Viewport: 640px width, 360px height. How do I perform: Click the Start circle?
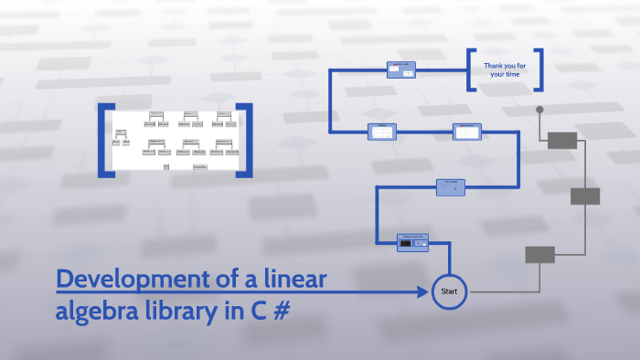tap(449, 291)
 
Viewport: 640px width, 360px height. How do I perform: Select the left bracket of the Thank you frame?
tap(471, 69)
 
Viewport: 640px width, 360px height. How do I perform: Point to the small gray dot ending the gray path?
tap(539, 110)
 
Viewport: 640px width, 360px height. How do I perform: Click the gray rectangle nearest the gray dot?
tap(562, 140)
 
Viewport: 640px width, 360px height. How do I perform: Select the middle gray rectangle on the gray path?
tap(585, 196)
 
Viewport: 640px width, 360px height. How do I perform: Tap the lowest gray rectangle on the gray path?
tap(539, 255)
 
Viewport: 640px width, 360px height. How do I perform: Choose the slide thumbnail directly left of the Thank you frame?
tap(401, 69)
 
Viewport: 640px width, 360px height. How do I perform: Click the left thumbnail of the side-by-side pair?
tap(381, 132)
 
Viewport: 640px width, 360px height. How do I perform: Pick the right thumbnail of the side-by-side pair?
tap(467, 132)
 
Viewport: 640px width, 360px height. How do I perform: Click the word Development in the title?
tap(133, 279)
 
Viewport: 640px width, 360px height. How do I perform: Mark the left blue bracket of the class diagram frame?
tap(105, 140)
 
